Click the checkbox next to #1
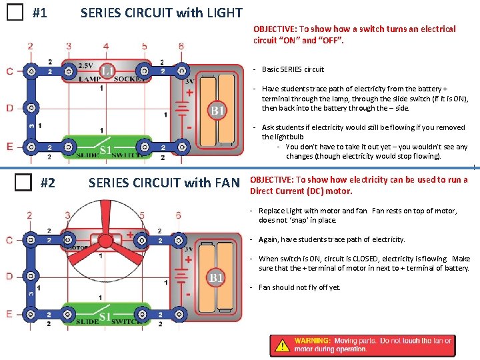[x=13, y=13]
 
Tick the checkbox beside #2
[x=25, y=181]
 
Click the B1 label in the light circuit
[x=217, y=111]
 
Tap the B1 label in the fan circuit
[x=216, y=277]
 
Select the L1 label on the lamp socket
[x=107, y=69]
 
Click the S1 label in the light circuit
[x=106, y=149]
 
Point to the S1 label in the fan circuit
[x=105, y=317]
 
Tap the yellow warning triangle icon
[x=283, y=345]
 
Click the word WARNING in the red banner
[x=313, y=341]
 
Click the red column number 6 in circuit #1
[x=181, y=46]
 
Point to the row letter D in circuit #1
[x=9, y=108]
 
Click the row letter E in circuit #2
[x=9, y=313]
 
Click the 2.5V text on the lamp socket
[x=85, y=65]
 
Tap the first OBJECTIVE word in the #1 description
[x=275, y=29]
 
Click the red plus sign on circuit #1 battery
[x=190, y=93]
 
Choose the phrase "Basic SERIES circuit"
[x=293, y=69]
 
